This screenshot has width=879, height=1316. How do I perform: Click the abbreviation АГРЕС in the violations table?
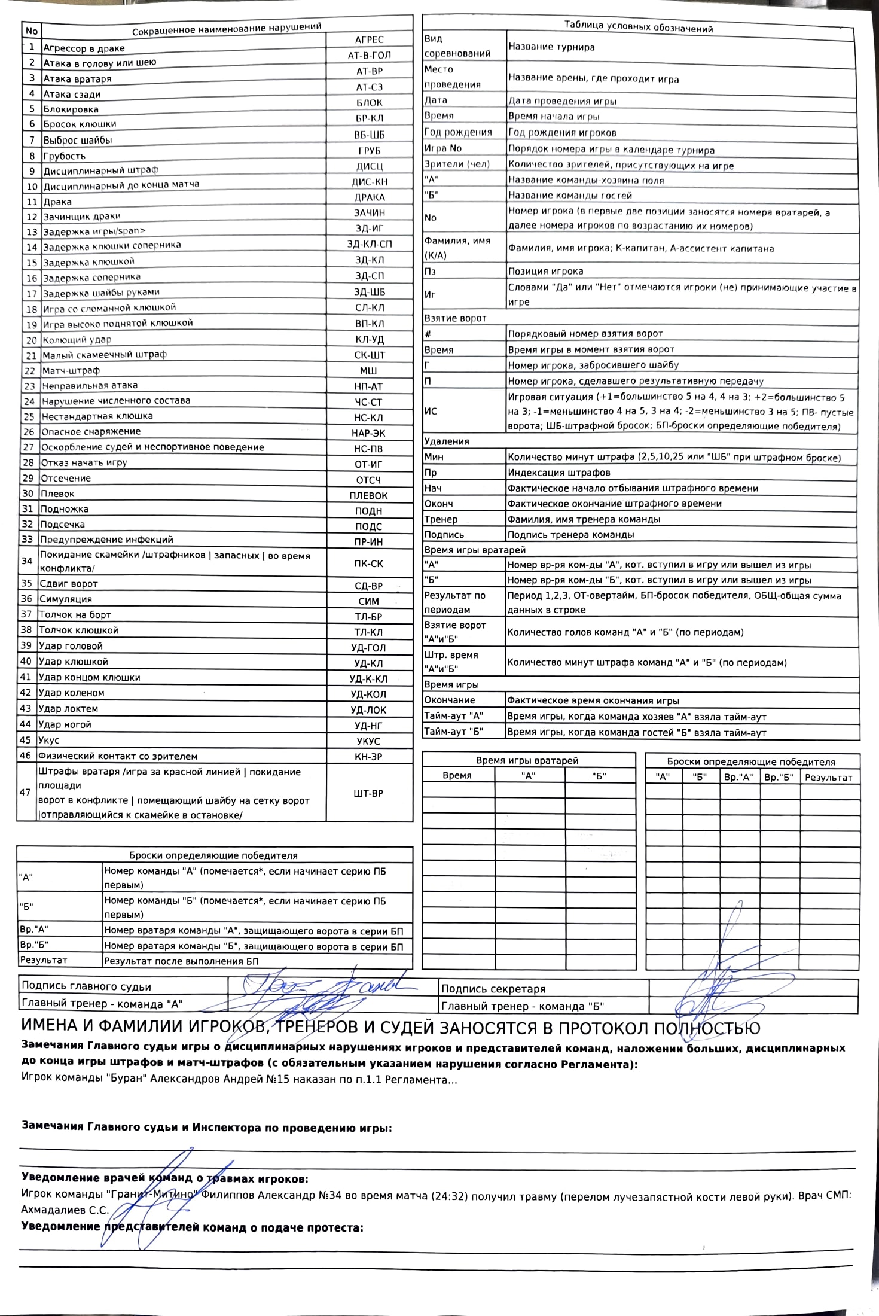pyautogui.click(x=369, y=39)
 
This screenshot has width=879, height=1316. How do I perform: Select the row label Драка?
pyautogui.click(x=57, y=202)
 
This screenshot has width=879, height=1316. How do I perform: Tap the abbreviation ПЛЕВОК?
pyautogui.click(x=368, y=495)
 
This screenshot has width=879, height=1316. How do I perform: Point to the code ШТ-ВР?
pyautogui.click(x=368, y=793)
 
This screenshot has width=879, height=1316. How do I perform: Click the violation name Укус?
pyautogui.click(x=49, y=740)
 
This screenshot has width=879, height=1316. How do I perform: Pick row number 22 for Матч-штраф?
pyautogui.click(x=29, y=371)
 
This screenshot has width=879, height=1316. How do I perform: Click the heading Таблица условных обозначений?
pyautogui.click(x=638, y=28)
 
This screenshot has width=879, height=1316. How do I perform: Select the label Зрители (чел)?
pyautogui.click(x=457, y=164)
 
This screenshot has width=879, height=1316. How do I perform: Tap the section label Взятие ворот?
pyautogui.click(x=455, y=318)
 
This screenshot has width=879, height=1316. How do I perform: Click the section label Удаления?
pyautogui.click(x=447, y=441)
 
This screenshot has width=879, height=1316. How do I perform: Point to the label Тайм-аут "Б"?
pyautogui.click(x=454, y=732)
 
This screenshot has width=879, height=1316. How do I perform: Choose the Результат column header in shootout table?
pyautogui.click(x=828, y=778)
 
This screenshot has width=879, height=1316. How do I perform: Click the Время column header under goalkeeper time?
pyautogui.click(x=457, y=775)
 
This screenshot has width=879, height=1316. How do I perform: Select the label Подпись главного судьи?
pyautogui.click(x=86, y=986)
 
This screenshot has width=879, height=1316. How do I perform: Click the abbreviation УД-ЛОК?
pyautogui.click(x=368, y=710)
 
